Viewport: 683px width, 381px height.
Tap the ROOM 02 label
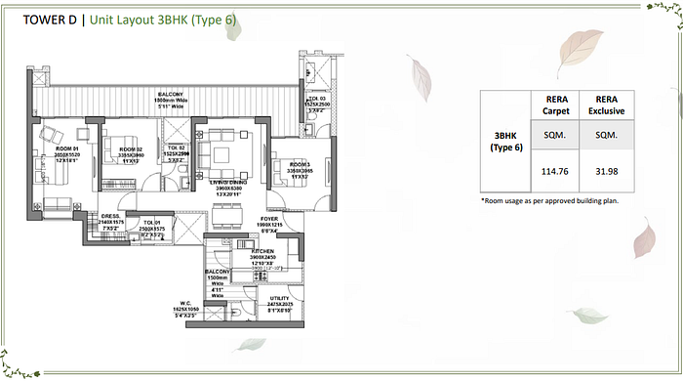pos(131,148)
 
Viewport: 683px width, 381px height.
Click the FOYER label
pos(270,219)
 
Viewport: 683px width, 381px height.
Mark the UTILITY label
pos(281,298)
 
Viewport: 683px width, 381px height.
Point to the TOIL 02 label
pos(177,148)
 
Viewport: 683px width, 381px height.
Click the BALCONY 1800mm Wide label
pos(172,96)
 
